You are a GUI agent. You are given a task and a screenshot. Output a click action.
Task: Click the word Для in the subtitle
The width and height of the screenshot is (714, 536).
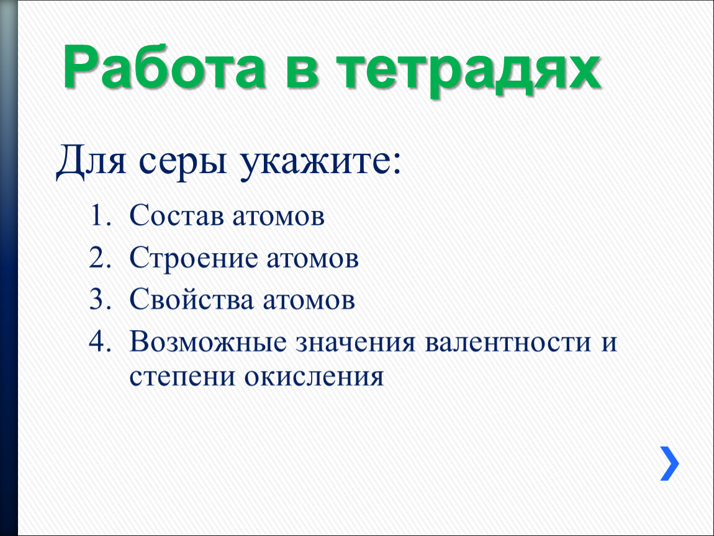click(93, 163)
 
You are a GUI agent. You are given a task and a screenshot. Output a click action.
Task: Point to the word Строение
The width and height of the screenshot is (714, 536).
click(194, 259)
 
